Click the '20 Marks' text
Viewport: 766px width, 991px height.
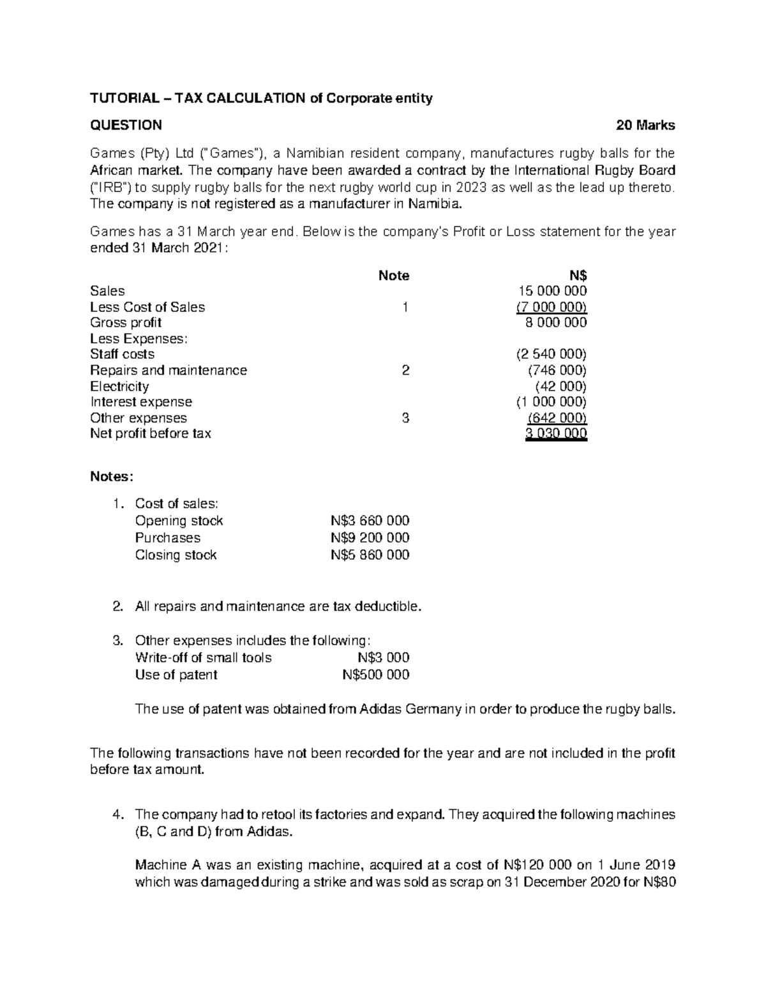point(645,125)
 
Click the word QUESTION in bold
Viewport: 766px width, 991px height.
point(126,125)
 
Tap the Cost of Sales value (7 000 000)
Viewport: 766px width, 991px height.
point(552,307)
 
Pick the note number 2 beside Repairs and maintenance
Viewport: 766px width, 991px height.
point(405,370)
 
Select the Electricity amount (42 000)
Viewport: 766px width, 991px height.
point(560,386)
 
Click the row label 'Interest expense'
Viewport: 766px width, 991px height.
point(141,402)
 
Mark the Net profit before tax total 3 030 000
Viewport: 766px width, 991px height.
point(555,434)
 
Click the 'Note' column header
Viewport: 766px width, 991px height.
point(394,276)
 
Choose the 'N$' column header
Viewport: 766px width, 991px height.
point(578,276)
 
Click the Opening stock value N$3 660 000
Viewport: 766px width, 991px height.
point(370,521)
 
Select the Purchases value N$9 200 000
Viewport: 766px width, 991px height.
point(370,538)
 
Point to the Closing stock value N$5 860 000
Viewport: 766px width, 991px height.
point(370,555)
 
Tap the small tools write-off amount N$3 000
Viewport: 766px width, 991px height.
point(383,658)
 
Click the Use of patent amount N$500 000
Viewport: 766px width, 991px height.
point(375,675)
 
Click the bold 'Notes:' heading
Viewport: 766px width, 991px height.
point(112,477)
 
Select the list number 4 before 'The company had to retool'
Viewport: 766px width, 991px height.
point(116,815)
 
